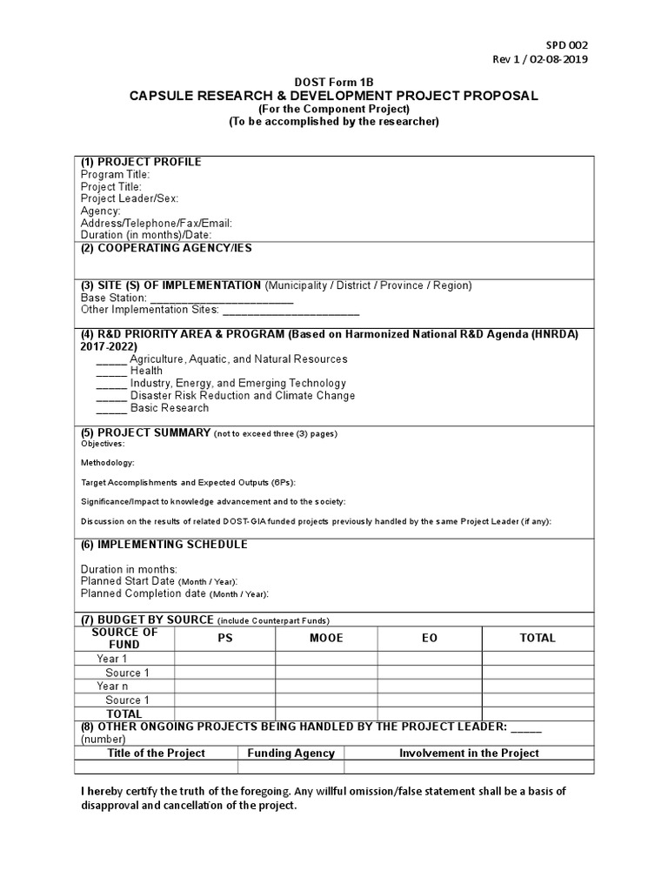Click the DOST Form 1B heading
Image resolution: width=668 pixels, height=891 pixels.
click(x=333, y=82)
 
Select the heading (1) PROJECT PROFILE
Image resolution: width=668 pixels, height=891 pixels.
click(x=141, y=162)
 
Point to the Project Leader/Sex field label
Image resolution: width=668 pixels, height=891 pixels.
click(x=130, y=198)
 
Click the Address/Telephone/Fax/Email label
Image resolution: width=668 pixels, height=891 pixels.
click(x=157, y=223)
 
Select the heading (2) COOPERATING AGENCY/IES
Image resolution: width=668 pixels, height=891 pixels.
click(x=166, y=248)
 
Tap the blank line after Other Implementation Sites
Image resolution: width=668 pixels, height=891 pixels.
click(x=291, y=310)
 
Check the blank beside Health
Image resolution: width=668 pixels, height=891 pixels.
click(x=110, y=372)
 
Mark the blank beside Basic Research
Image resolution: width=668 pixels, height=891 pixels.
click(x=110, y=408)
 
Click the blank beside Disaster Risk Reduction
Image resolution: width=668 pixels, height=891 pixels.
click(x=110, y=396)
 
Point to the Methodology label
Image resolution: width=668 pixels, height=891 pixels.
click(x=108, y=463)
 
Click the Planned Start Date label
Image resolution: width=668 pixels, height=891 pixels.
click(x=128, y=581)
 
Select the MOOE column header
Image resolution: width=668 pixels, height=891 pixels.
click(x=327, y=638)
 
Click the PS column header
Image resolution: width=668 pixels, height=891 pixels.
click(x=225, y=638)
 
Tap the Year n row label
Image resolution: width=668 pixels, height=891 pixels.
click(x=113, y=687)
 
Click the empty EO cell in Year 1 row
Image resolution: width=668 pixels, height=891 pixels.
click(x=430, y=660)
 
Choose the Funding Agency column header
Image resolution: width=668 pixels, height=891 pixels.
click(x=291, y=754)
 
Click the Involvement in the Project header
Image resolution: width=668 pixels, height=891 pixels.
click(x=469, y=754)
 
